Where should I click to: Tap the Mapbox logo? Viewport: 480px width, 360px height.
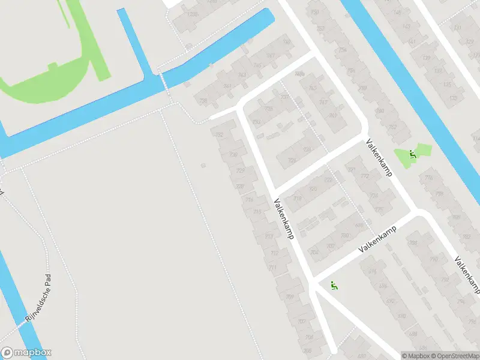point(26,353)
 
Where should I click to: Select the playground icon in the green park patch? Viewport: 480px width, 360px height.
point(412,154)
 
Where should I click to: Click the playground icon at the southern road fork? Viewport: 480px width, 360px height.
point(335,286)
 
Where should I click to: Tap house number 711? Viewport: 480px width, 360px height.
point(273,267)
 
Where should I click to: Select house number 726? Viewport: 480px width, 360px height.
point(292,160)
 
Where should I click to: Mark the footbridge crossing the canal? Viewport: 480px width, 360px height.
point(163,83)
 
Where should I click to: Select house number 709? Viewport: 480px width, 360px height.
point(289,296)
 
